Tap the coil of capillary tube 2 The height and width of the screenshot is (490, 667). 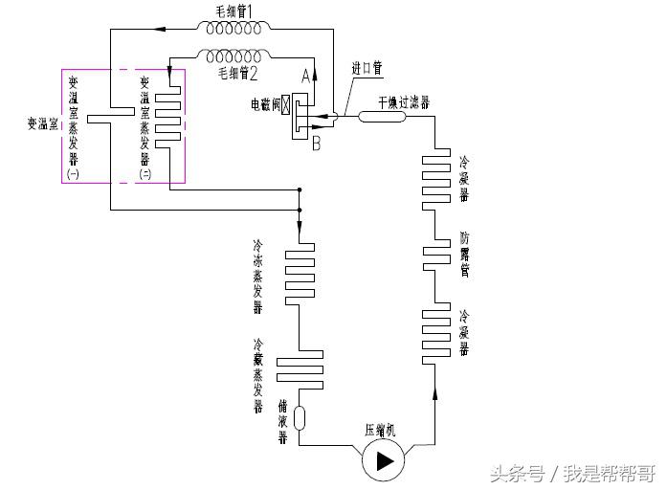(230, 53)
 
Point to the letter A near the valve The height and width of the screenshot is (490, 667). (306, 74)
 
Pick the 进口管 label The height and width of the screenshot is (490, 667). (367, 69)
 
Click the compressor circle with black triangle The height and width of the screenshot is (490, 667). (384, 460)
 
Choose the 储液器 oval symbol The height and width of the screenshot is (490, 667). (299, 418)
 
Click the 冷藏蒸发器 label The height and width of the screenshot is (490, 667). (258, 374)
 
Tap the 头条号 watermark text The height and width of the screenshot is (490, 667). (517, 473)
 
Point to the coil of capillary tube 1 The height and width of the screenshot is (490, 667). (230, 28)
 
